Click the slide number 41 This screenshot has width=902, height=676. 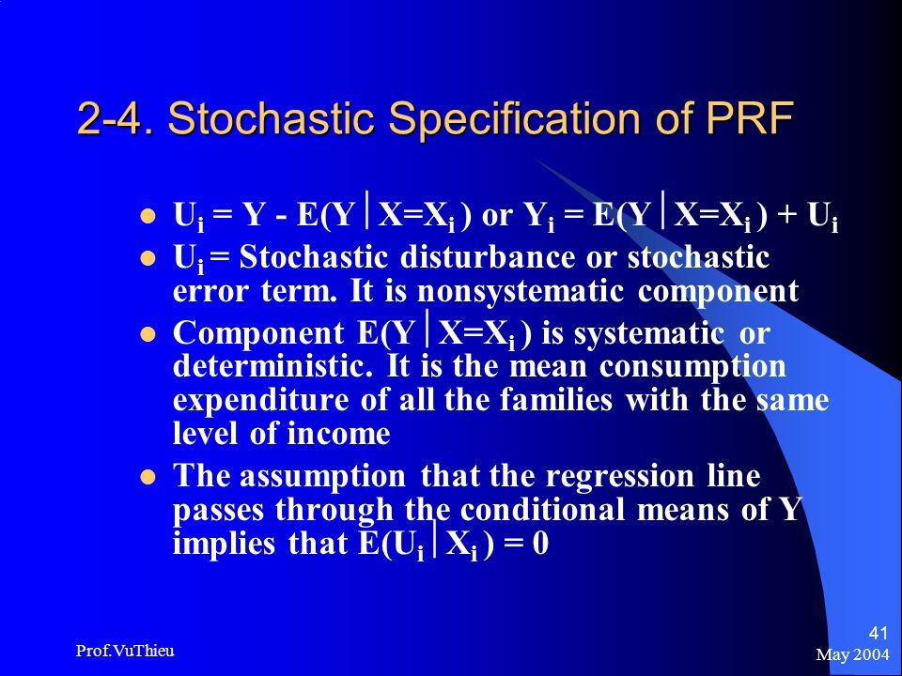click(878, 634)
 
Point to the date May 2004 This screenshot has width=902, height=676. click(852, 654)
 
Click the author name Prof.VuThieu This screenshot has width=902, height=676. click(125, 651)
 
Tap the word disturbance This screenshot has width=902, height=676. click(488, 257)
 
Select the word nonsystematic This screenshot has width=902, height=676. click(520, 292)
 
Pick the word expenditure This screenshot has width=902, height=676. click(260, 401)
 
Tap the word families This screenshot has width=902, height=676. click(555, 400)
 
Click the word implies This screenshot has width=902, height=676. click(224, 544)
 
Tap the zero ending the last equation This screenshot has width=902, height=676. click(540, 544)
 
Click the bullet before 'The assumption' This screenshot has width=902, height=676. click(148, 478)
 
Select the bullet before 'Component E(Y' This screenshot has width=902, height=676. click(148, 334)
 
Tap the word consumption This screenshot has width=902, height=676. click(692, 367)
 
